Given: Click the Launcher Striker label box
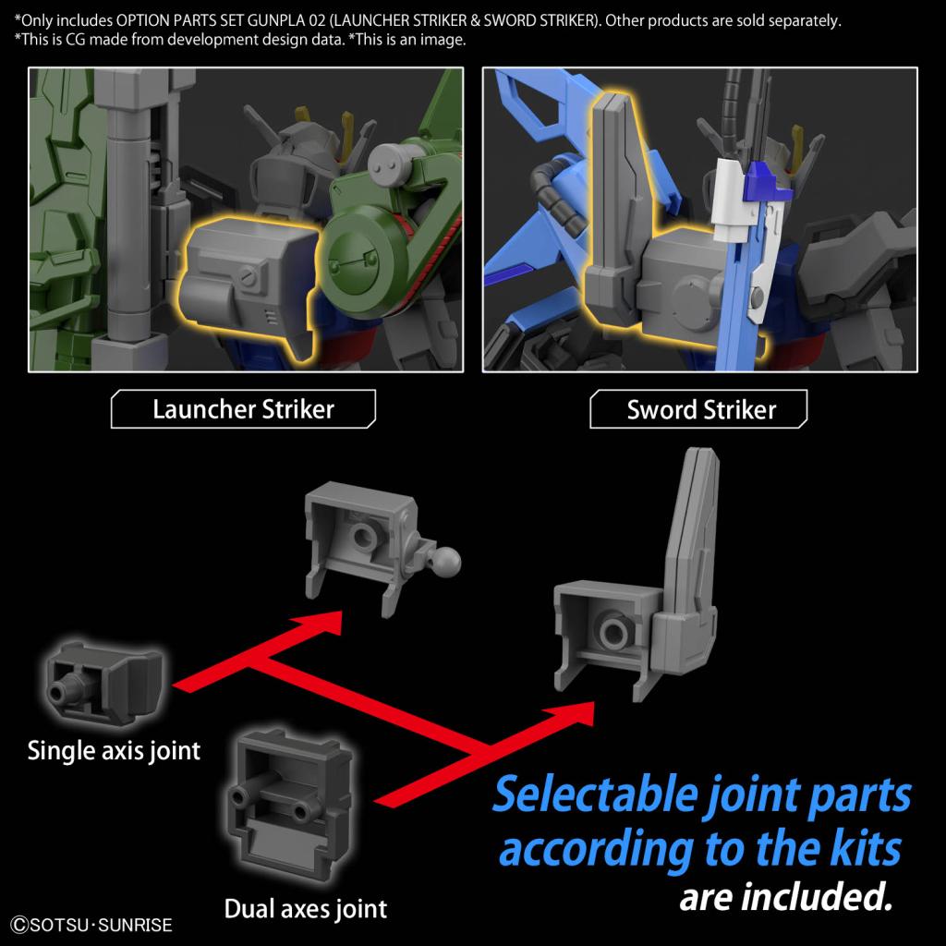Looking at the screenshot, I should (x=243, y=408).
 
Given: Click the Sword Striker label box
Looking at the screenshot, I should (x=701, y=408).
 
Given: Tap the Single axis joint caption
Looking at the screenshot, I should (x=114, y=749).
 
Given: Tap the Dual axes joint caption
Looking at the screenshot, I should (x=306, y=908).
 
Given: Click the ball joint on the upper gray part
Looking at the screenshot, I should (x=449, y=558).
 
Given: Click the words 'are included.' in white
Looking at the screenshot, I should (x=786, y=895).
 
